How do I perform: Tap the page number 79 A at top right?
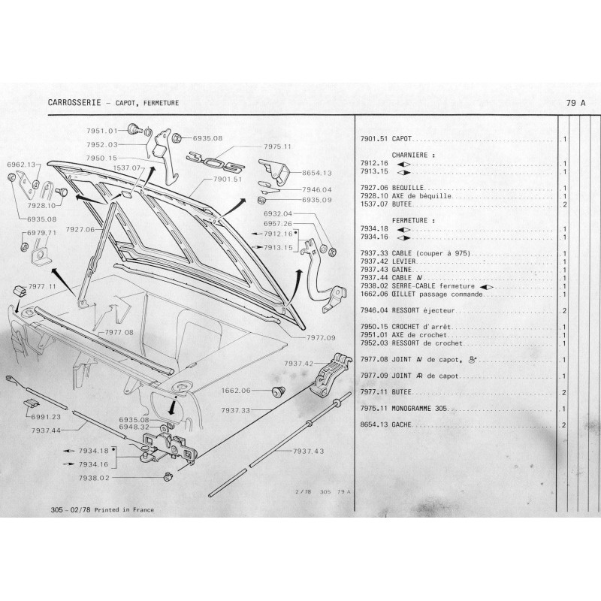tap(575, 103)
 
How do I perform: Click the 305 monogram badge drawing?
tap(216, 162)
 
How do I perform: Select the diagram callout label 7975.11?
tap(277, 146)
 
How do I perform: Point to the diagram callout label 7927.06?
tap(80, 230)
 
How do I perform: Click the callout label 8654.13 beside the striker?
tap(317, 173)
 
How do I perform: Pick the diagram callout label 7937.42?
tap(299, 364)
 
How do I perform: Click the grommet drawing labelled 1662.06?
tap(278, 392)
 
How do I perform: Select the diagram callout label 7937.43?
tap(309, 452)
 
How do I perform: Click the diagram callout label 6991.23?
tap(46, 417)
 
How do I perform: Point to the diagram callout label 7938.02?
tap(94, 478)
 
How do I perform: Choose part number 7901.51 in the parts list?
tap(374, 139)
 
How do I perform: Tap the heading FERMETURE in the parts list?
tap(409, 220)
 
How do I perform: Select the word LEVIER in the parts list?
tap(403, 261)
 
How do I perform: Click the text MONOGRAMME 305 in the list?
tap(420, 408)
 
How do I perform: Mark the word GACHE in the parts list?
tap(402, 424)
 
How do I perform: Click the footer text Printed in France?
tap(124, 510)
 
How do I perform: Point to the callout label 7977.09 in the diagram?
tap(322, 337)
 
